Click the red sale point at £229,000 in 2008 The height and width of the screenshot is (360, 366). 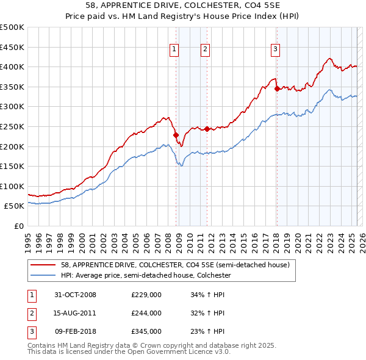pos(176,135)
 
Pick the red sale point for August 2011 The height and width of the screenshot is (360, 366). pos(207,129)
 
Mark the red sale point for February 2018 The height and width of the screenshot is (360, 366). pos(277,88)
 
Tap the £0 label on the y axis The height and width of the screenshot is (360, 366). pos(18,226)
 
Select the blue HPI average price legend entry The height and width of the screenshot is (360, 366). pos(146,275)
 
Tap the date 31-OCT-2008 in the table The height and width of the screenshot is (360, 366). pos(76,295)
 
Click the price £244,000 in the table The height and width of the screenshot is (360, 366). pos(146,313)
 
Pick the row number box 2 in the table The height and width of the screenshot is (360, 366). pos(31,313)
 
